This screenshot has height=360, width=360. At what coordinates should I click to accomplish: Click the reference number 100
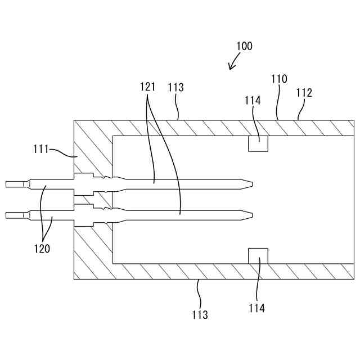tap(244, 46)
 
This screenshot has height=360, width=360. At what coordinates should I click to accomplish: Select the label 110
tap(279, 79)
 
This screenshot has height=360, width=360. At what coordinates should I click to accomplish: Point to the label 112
tap(304, 92)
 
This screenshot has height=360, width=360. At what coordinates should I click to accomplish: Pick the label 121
tap(148, 87)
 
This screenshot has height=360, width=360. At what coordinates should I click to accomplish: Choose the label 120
tap(41, 248)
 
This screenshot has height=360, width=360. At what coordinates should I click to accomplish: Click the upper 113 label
tap(175, 88)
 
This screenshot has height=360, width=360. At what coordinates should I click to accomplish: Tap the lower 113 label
tap(200, 314)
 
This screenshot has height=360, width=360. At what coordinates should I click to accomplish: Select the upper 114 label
tap(253, 100)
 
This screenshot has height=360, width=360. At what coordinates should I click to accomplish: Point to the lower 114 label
tap(256, 308)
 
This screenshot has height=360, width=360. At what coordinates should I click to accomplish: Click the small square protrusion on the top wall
tap(258, 143)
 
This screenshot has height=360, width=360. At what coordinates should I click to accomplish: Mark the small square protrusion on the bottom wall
tap(258, 255)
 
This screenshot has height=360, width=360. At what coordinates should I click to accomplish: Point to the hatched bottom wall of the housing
tap(214, 271)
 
